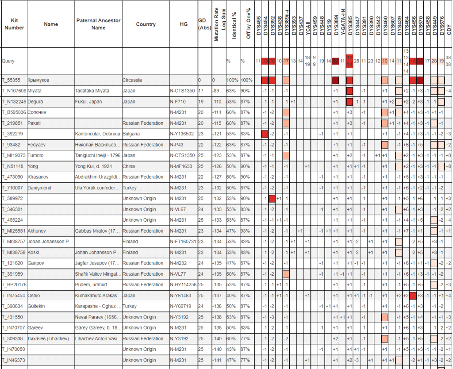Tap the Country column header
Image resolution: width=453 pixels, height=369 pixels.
[146, 24]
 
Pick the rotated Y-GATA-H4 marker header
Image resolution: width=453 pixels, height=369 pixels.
[342, 24]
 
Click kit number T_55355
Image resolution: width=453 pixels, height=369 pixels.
[11, 80]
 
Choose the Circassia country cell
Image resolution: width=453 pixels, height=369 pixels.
[133, 80]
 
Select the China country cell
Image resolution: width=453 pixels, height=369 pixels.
[130, 166]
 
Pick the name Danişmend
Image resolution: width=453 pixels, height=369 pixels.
[40, 188]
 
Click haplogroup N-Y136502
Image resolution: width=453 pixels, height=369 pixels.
[184, 134]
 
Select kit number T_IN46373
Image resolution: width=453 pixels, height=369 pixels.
[13, 360]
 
